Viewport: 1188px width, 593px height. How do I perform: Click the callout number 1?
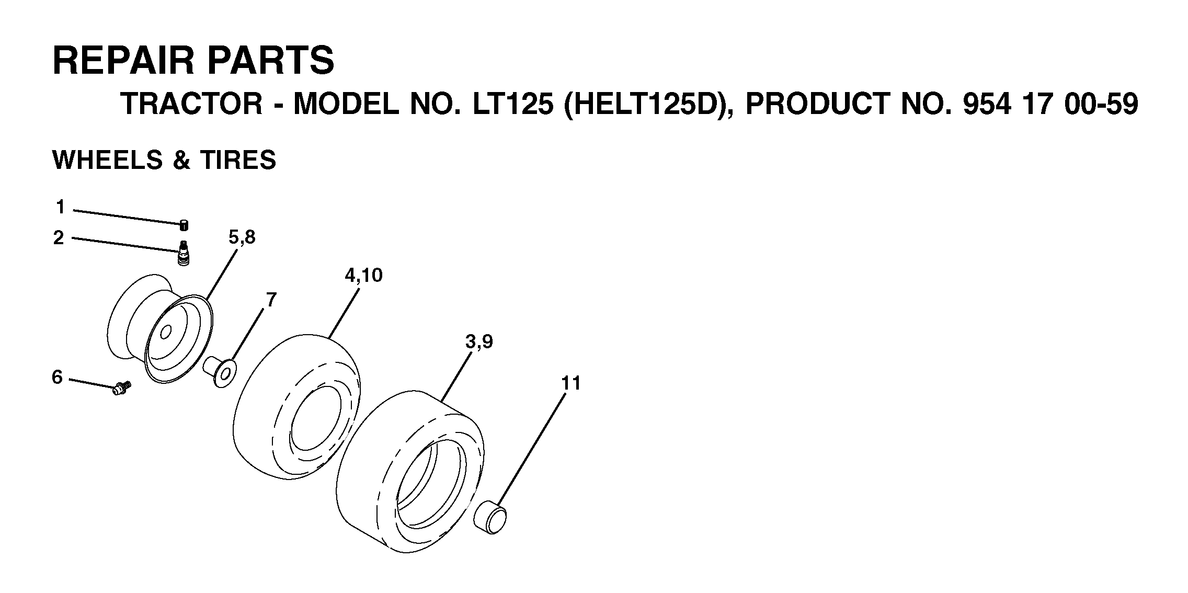(x=61, y=208)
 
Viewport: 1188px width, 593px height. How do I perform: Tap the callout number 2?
(x=59, y=238)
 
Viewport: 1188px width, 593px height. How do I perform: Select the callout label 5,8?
(x=242, y=238)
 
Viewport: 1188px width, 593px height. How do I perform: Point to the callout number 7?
(x=271, y=300)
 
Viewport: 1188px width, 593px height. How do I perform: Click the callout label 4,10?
(x=363, y=276)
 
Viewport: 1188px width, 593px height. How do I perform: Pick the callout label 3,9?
(x=479, y=343)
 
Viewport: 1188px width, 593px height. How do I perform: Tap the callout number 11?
(x=571, y=383)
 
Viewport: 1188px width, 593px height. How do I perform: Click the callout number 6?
(x=57, y=377)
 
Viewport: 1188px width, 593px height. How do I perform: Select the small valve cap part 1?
(x=184, y=225)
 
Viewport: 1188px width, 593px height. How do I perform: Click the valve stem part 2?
(x=183, y=254)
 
